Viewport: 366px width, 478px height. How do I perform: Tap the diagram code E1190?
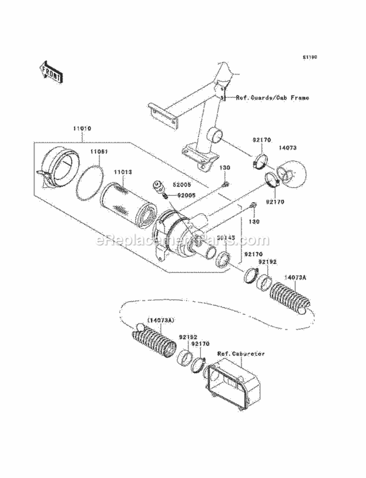point(309,57)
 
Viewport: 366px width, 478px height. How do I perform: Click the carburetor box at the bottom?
point(234,378)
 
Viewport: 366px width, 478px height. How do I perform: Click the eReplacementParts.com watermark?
point(183,240)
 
